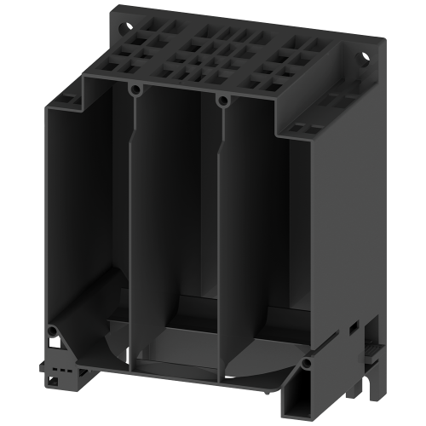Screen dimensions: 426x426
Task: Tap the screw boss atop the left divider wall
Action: (x=134, y=89)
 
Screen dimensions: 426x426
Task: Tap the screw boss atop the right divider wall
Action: (x=223, y=101)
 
